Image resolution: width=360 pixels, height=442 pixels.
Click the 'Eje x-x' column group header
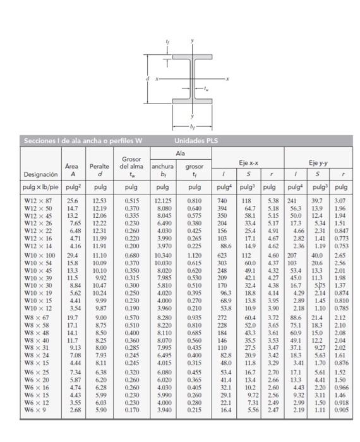(x=247, y=162)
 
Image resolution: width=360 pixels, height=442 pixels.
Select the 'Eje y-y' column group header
(x=317, y=162)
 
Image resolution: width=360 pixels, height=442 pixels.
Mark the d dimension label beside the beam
(x=147, y=78)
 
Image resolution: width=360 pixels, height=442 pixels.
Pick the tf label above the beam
(x=167, y=42)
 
